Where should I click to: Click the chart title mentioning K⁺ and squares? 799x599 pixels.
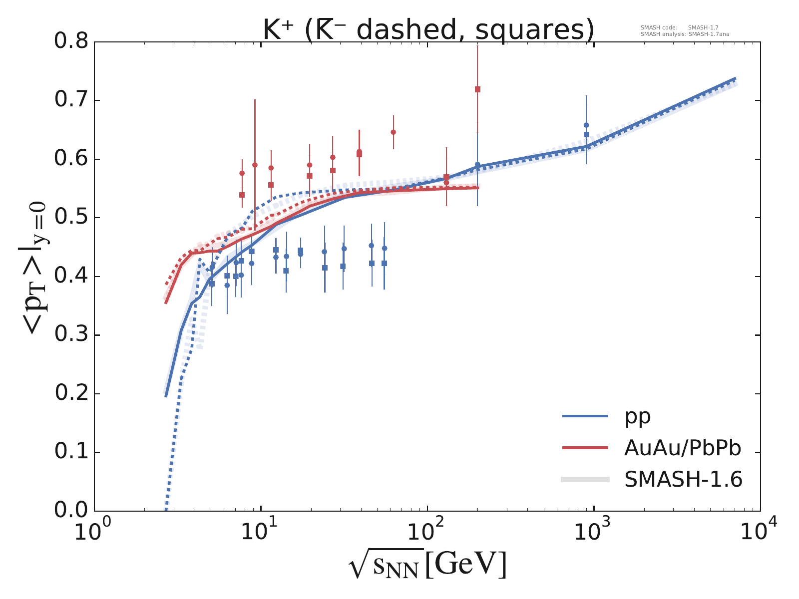[x=428, y=30]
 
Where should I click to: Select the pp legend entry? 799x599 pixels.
[x=638, y=416]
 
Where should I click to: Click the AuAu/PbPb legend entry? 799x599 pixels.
[x=682, y=448]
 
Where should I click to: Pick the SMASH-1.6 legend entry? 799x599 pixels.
[x=683, y=480]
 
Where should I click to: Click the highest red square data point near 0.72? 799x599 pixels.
[x=477, y=89]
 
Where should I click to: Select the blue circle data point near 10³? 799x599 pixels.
[x=586, y=125]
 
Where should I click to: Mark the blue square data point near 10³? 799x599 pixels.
[x=586, y=134]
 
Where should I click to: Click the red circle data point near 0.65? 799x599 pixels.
[x=393, y=132]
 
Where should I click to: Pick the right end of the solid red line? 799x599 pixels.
[x=478, y=188]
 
